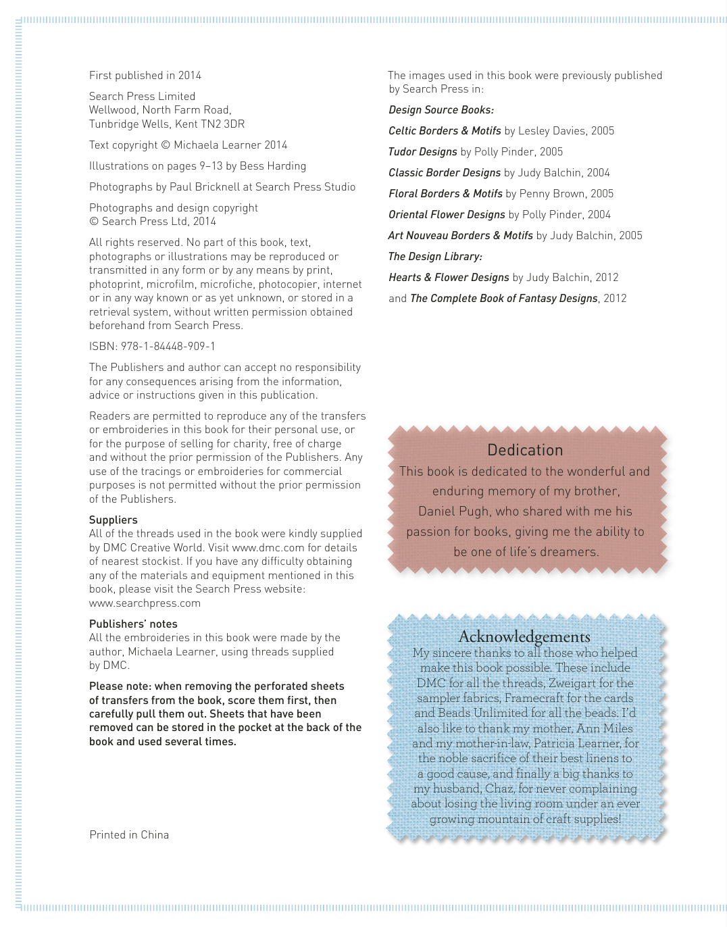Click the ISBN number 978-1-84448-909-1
[x=168, y=347]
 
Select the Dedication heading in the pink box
[x=525, y=451]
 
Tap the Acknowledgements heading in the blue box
[x=524, y=637]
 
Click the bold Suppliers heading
[x=114, y=520]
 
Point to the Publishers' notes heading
[x=133, y=624]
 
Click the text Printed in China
[x=129, y=835]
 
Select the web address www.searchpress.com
[x=145, y=603]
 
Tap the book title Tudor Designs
[x=423, y=152]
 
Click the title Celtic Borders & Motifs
[x=445, y=131]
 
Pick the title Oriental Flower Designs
[x=447, y=215]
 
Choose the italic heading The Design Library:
[x=435, y=257]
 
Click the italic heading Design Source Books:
[x=441, y=110]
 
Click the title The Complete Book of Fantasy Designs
[x=504, y=299]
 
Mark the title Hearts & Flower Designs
[x=449, y=278]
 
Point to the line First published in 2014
[x=145, y=76]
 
